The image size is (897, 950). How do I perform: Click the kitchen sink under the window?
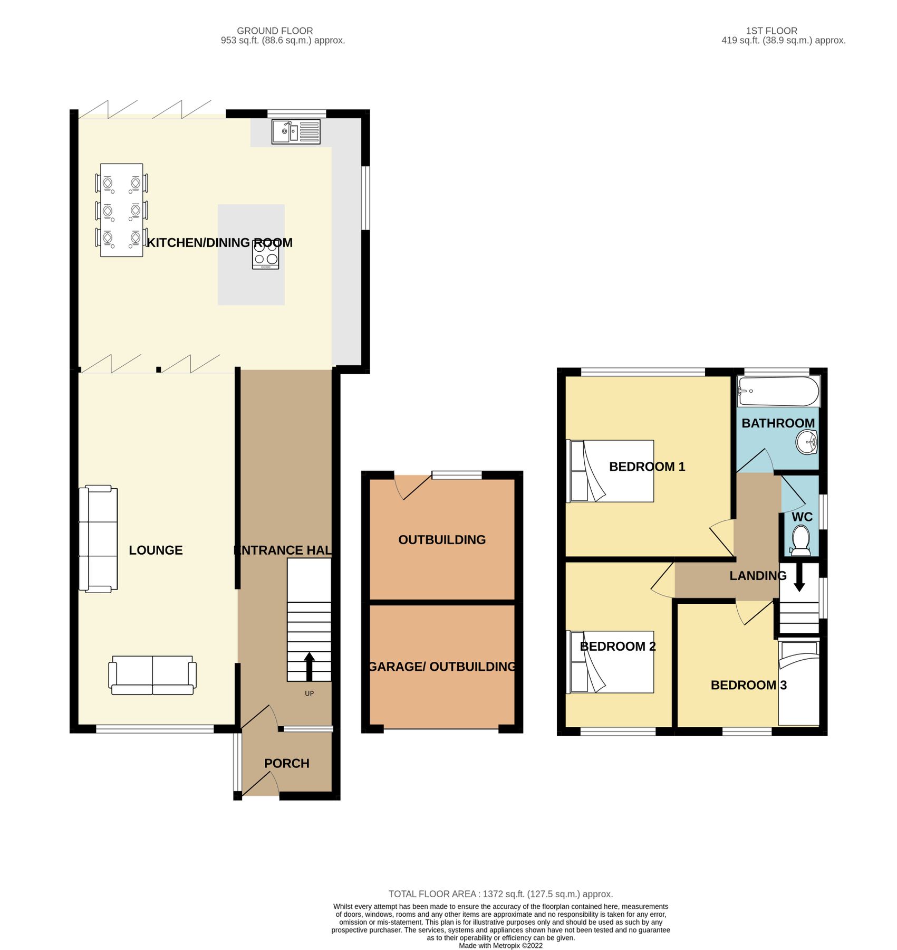click(x=296, y=132)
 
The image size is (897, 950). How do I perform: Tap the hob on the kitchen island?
click(x=265, y=255)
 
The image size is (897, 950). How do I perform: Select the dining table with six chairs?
click(x=122, y=210)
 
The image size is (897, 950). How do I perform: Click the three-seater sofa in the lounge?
click(x=98, y=539)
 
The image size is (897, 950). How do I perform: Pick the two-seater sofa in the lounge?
click(x=152, y=675)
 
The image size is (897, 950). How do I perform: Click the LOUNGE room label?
click(x=156, y=550)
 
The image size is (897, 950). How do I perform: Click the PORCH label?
click(x=287, y=763)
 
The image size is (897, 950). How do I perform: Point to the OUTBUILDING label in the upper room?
click(x=442, y=540)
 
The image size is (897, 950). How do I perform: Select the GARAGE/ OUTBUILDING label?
click(x=442, y=667)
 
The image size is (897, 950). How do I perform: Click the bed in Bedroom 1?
click(x=610, y=471)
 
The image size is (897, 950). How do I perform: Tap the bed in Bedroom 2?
click(x=610, y=662)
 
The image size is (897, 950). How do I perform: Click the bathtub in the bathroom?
click(x=778, y=392)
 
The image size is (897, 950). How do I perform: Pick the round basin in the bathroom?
click(x=806, y=442)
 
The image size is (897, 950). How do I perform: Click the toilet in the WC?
click(x=801, y=540)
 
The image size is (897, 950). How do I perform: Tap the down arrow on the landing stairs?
click(x=799, y=578)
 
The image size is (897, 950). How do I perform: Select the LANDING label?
click(x=758, y=576)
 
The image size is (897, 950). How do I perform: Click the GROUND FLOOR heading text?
click(x=275, y=31)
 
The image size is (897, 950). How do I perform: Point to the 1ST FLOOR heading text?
click(x=771, y=31)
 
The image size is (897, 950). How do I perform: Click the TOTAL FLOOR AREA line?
click(x=500, y=894)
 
